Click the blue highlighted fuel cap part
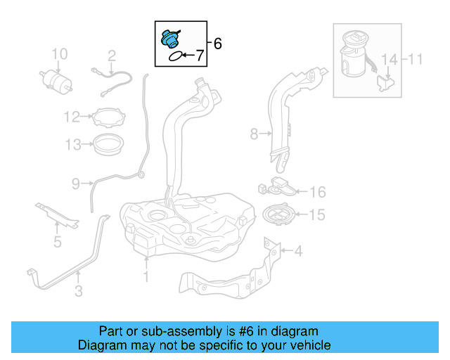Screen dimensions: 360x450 170,38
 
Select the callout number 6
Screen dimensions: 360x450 217,44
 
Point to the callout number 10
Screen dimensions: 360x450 59,53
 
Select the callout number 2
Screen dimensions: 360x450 111,55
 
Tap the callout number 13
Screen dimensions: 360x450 73,145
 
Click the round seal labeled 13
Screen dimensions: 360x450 109,145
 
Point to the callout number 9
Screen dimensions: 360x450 76,184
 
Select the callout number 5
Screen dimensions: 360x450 58,243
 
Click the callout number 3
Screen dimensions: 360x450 79,289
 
